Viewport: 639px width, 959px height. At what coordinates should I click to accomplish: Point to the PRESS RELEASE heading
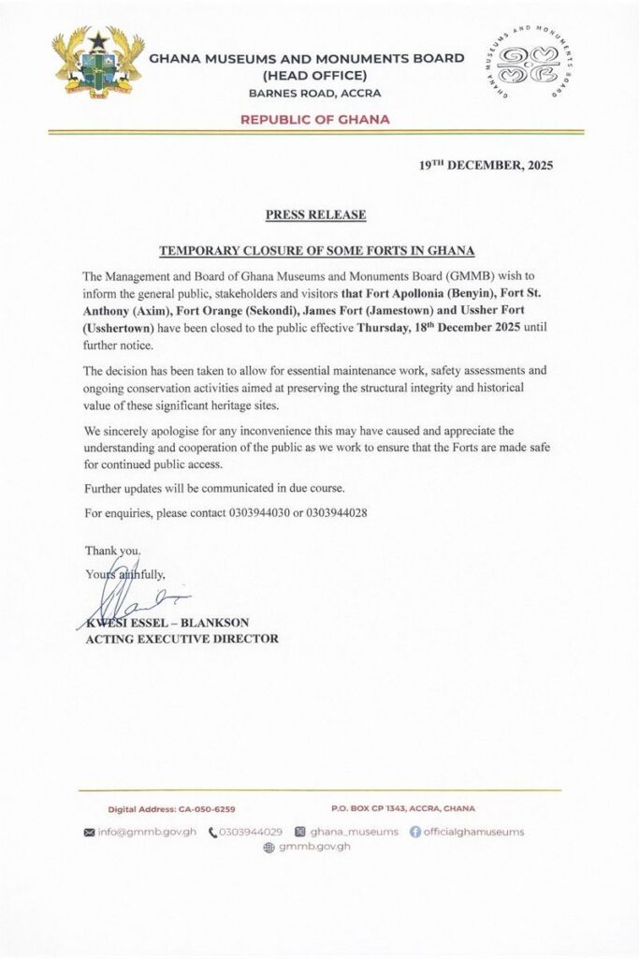316,215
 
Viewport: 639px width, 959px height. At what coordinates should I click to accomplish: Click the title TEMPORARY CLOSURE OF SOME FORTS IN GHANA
317,251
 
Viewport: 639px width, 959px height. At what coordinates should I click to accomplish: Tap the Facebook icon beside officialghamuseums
415,831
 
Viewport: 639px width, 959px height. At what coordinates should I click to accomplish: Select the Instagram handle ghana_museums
353,831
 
